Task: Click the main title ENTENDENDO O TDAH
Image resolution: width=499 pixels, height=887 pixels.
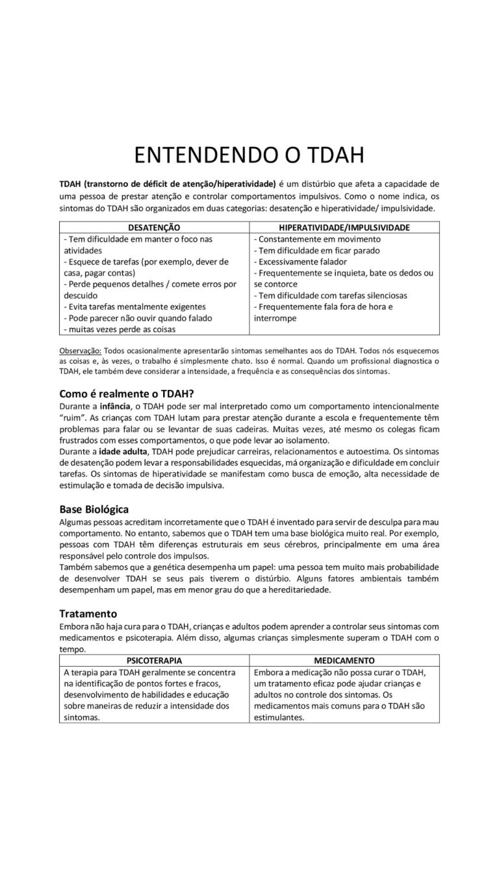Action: coord(249,156)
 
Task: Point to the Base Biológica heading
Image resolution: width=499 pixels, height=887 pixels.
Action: coord(94,508)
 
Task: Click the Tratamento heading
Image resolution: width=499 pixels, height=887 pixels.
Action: coord(88,613)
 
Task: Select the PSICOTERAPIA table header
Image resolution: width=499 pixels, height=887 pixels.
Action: coord(154,660)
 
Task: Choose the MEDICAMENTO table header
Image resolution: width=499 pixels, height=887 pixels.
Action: coord(344,660)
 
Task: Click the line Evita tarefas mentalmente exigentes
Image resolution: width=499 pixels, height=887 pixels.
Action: coord(134,307)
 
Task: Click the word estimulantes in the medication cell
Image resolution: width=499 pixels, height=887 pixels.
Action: coord(277,717)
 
